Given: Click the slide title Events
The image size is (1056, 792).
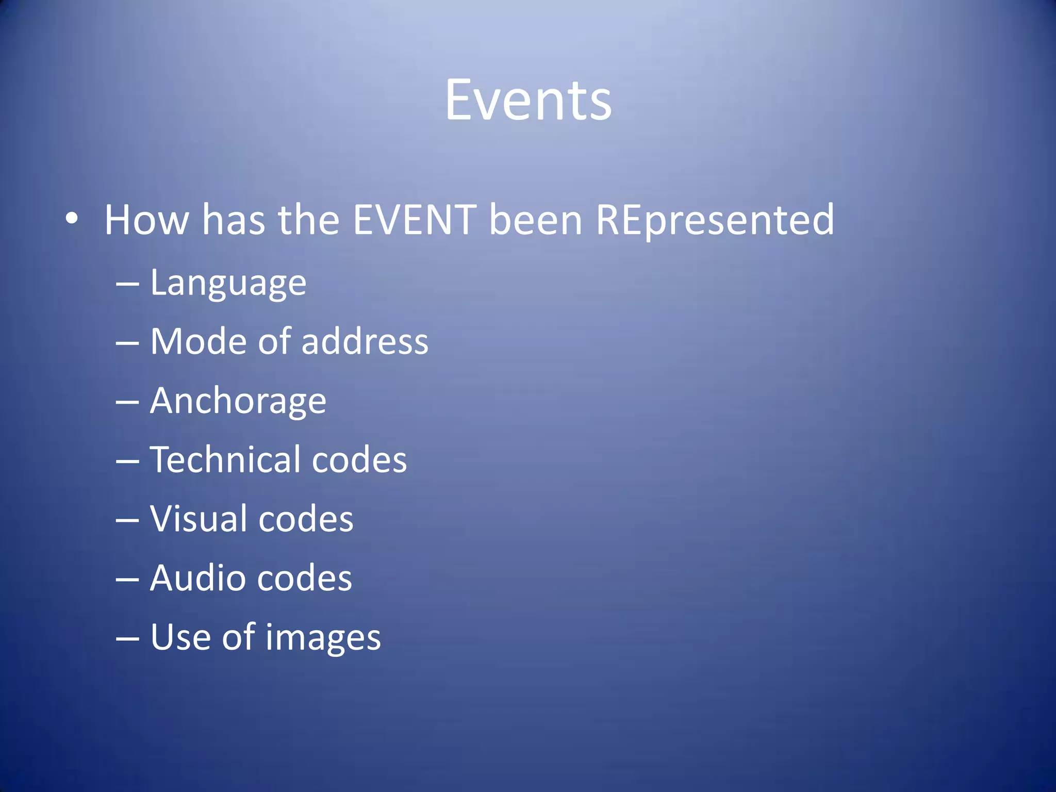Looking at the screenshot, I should point(528,100).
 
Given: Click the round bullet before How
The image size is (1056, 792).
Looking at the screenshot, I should point(72,219).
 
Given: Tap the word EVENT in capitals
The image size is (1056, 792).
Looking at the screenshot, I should point(414,220).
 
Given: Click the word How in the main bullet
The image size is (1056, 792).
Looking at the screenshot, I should point(146,220).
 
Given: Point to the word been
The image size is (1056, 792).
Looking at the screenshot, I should point(535,220).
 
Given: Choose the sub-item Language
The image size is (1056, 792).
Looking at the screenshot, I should point(228,284).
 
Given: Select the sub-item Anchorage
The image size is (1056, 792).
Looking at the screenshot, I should point(238,401).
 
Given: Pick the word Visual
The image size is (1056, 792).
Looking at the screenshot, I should point(198,519).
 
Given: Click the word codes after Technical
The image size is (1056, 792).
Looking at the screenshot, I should point(359,459).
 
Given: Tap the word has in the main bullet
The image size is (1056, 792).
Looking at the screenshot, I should point(233,220).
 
